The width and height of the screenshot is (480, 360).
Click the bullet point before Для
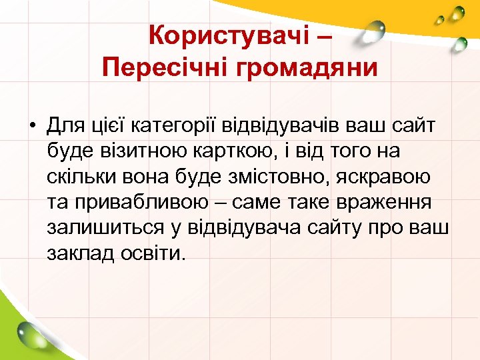[x=32, y=125]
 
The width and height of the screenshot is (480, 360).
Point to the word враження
[x=388, y=203]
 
